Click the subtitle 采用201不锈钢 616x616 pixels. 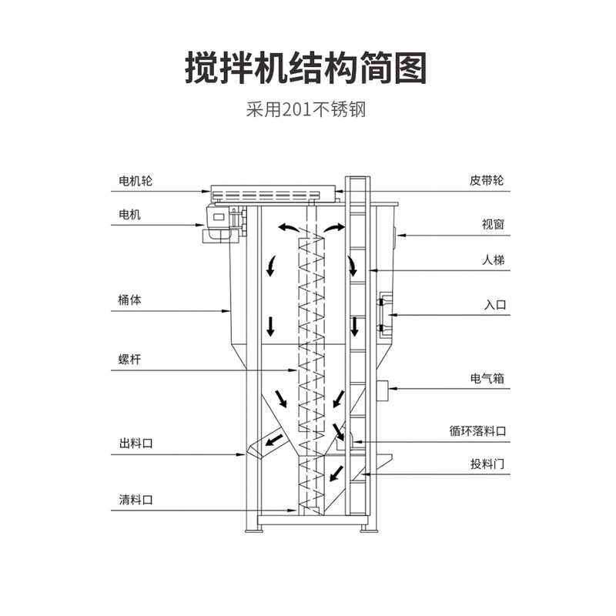point(306,109)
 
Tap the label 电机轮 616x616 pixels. point(136,181)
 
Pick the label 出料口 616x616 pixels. point(136,444)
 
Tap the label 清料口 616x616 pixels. point(136,499)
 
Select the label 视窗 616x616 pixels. point(493,224)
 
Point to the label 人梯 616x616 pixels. point(493,260)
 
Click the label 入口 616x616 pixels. point(494,305)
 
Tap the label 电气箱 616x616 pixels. point(487,379)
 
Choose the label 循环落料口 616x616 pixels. point(478,432)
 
